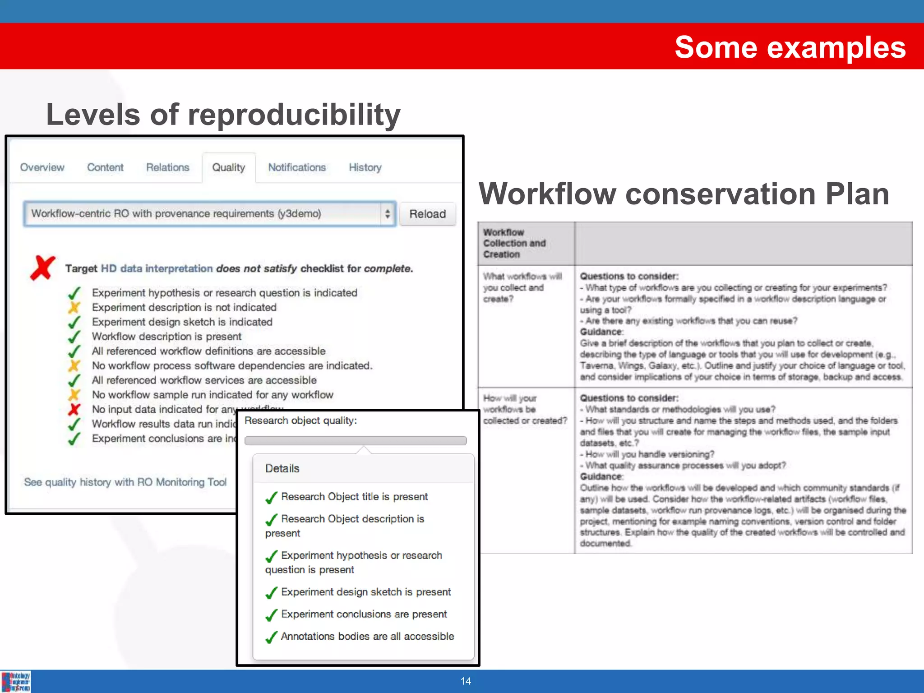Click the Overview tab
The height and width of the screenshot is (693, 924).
[42, 167]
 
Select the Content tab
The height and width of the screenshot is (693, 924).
[105, 167]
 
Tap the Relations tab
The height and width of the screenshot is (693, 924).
[167, 167]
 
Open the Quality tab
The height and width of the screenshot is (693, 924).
[229, 167]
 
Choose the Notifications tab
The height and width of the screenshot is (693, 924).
[297, 167]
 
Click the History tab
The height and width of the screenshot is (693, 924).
[365, 167]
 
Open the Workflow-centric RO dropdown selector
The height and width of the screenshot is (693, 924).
[210, 214]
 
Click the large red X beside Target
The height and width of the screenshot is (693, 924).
[43, 268]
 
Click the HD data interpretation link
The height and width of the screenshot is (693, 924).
[157, 268]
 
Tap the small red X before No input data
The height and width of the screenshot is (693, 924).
[74, 409]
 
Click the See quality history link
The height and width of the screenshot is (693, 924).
[125, 482]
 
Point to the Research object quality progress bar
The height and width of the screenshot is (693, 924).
[356, 440]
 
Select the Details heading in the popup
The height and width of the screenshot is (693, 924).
[282, 468]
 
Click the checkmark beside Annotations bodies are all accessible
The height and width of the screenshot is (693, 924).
[272, 637]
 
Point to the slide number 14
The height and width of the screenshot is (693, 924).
[466, 681]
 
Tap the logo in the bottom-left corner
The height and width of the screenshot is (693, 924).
[16, 681]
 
